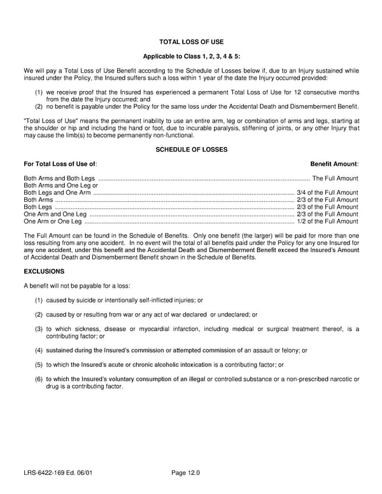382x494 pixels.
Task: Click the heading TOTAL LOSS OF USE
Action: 191,42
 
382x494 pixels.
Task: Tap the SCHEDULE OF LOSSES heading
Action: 191,150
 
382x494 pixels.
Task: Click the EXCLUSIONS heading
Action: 44,271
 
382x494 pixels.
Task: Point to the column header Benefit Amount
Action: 334,164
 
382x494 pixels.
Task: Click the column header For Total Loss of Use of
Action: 60,164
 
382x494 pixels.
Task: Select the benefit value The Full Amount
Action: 335,178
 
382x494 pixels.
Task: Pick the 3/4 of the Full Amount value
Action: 327,192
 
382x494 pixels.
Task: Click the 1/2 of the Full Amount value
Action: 327,222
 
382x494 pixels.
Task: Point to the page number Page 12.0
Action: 186,473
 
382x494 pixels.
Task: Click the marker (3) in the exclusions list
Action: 39,328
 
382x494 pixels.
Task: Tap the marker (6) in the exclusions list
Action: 39,379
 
